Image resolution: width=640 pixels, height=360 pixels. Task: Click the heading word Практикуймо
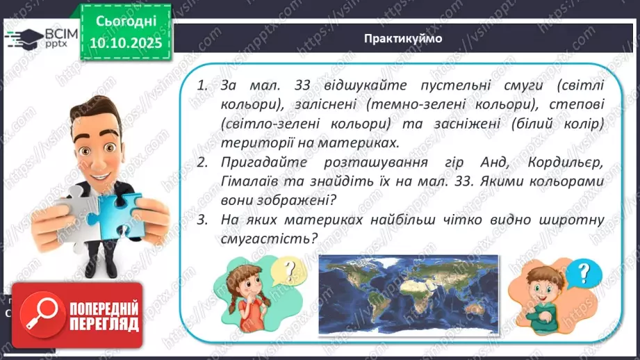click(402, 38)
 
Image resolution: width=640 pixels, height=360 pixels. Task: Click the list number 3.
click(203, 220)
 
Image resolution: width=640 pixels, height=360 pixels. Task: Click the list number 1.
click(203, 86)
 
